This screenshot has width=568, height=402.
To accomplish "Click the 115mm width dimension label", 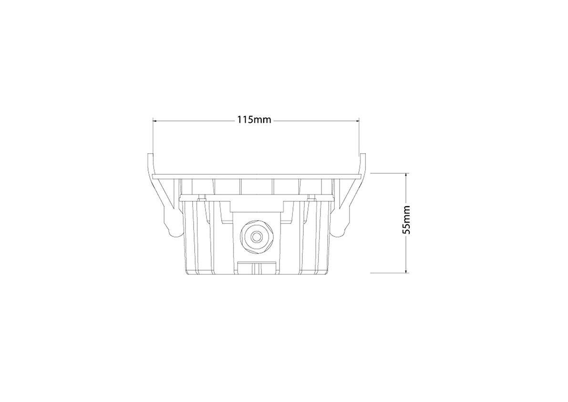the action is pyautogui.click(x=254, y=120).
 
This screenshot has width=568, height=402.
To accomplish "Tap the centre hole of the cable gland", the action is pyautogui.click(x=257, y=237).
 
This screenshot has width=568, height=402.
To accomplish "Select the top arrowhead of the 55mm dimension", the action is pyautogui.click(x=406, y=176).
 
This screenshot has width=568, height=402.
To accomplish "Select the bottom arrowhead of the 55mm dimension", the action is pyautogui.click(x=406, y=270).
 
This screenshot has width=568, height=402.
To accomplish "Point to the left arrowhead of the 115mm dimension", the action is pyautogui.click(x=155, y=120).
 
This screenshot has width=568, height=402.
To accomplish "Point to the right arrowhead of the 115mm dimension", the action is pyautogui.click(x=356, y=120).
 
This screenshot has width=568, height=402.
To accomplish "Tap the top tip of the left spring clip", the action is pyautogui.click(x=150, y=154).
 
